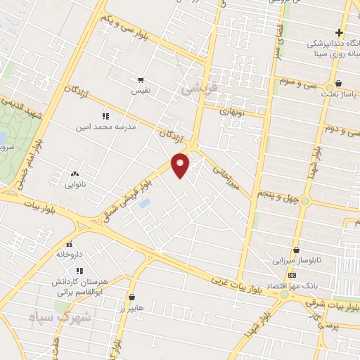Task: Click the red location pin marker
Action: pyautogui.click(x=181, y=165)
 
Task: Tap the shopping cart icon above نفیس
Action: pyautogui.click(x=141, y=80)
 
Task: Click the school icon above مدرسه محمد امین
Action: pyautogui.click(x=105, y=116)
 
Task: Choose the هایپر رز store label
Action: pyautogui.click(x=131, y=308)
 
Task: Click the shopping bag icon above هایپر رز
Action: pyautogui.click(x=132, y=297)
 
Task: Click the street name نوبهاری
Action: pyautogui.click(x=231, y=111)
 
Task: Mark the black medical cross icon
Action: pyautogui.click(x=339, y=32)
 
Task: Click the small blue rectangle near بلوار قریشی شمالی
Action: pyautogui.click(x=145, y=203)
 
